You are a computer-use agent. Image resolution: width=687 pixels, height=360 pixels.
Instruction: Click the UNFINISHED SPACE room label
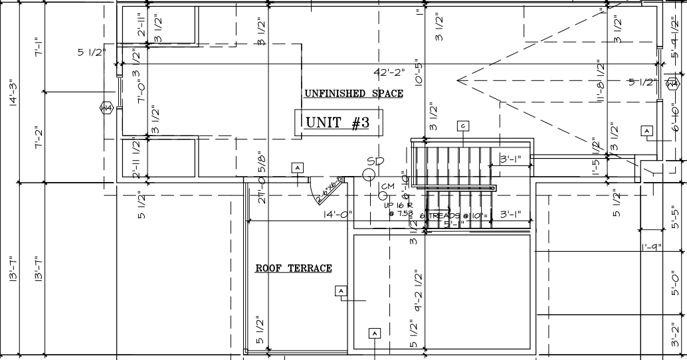[353, 94]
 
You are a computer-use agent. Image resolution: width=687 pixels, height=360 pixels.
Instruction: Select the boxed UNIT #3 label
[337, 123]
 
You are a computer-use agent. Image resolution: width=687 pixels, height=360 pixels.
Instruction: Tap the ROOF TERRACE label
[294, 268]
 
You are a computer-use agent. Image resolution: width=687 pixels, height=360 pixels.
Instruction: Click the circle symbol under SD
[369, 175]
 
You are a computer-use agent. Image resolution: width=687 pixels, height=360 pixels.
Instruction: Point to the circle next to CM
[383, 196]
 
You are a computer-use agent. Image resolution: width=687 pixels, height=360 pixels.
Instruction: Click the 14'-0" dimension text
[338, 215]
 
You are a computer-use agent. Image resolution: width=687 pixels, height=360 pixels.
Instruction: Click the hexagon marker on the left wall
[106, 108]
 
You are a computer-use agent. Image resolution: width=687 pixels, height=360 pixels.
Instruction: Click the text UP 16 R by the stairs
[399, 205]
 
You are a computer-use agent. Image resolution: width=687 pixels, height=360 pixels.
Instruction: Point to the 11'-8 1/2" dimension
[601, 82]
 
